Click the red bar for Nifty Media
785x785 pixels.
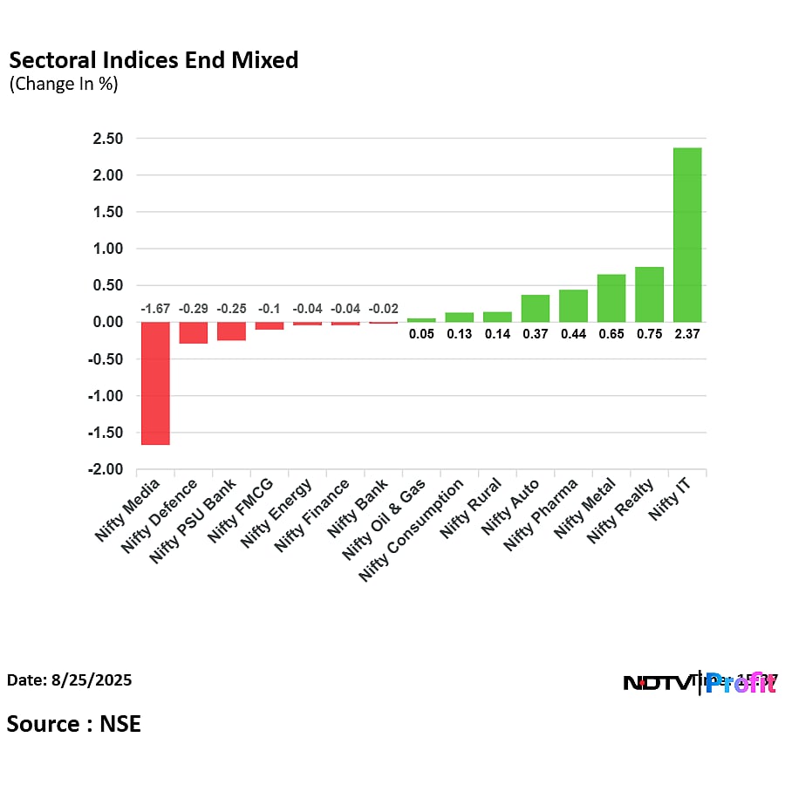point(155,383)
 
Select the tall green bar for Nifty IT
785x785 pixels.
point(687,235)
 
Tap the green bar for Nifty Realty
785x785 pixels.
point(649,294)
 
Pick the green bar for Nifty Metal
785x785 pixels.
point(611,297)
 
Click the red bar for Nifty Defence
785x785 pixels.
point(194,332)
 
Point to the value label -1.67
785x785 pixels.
point(155,309)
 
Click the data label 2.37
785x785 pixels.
point(687,333)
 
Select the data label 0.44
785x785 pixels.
point(573,333)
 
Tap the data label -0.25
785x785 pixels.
point(231,309)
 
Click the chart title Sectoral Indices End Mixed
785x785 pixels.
point(154,60)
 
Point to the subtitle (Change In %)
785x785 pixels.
point(64,85)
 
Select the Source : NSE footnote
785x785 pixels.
point(74,723)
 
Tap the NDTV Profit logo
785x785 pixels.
point(700,683)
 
